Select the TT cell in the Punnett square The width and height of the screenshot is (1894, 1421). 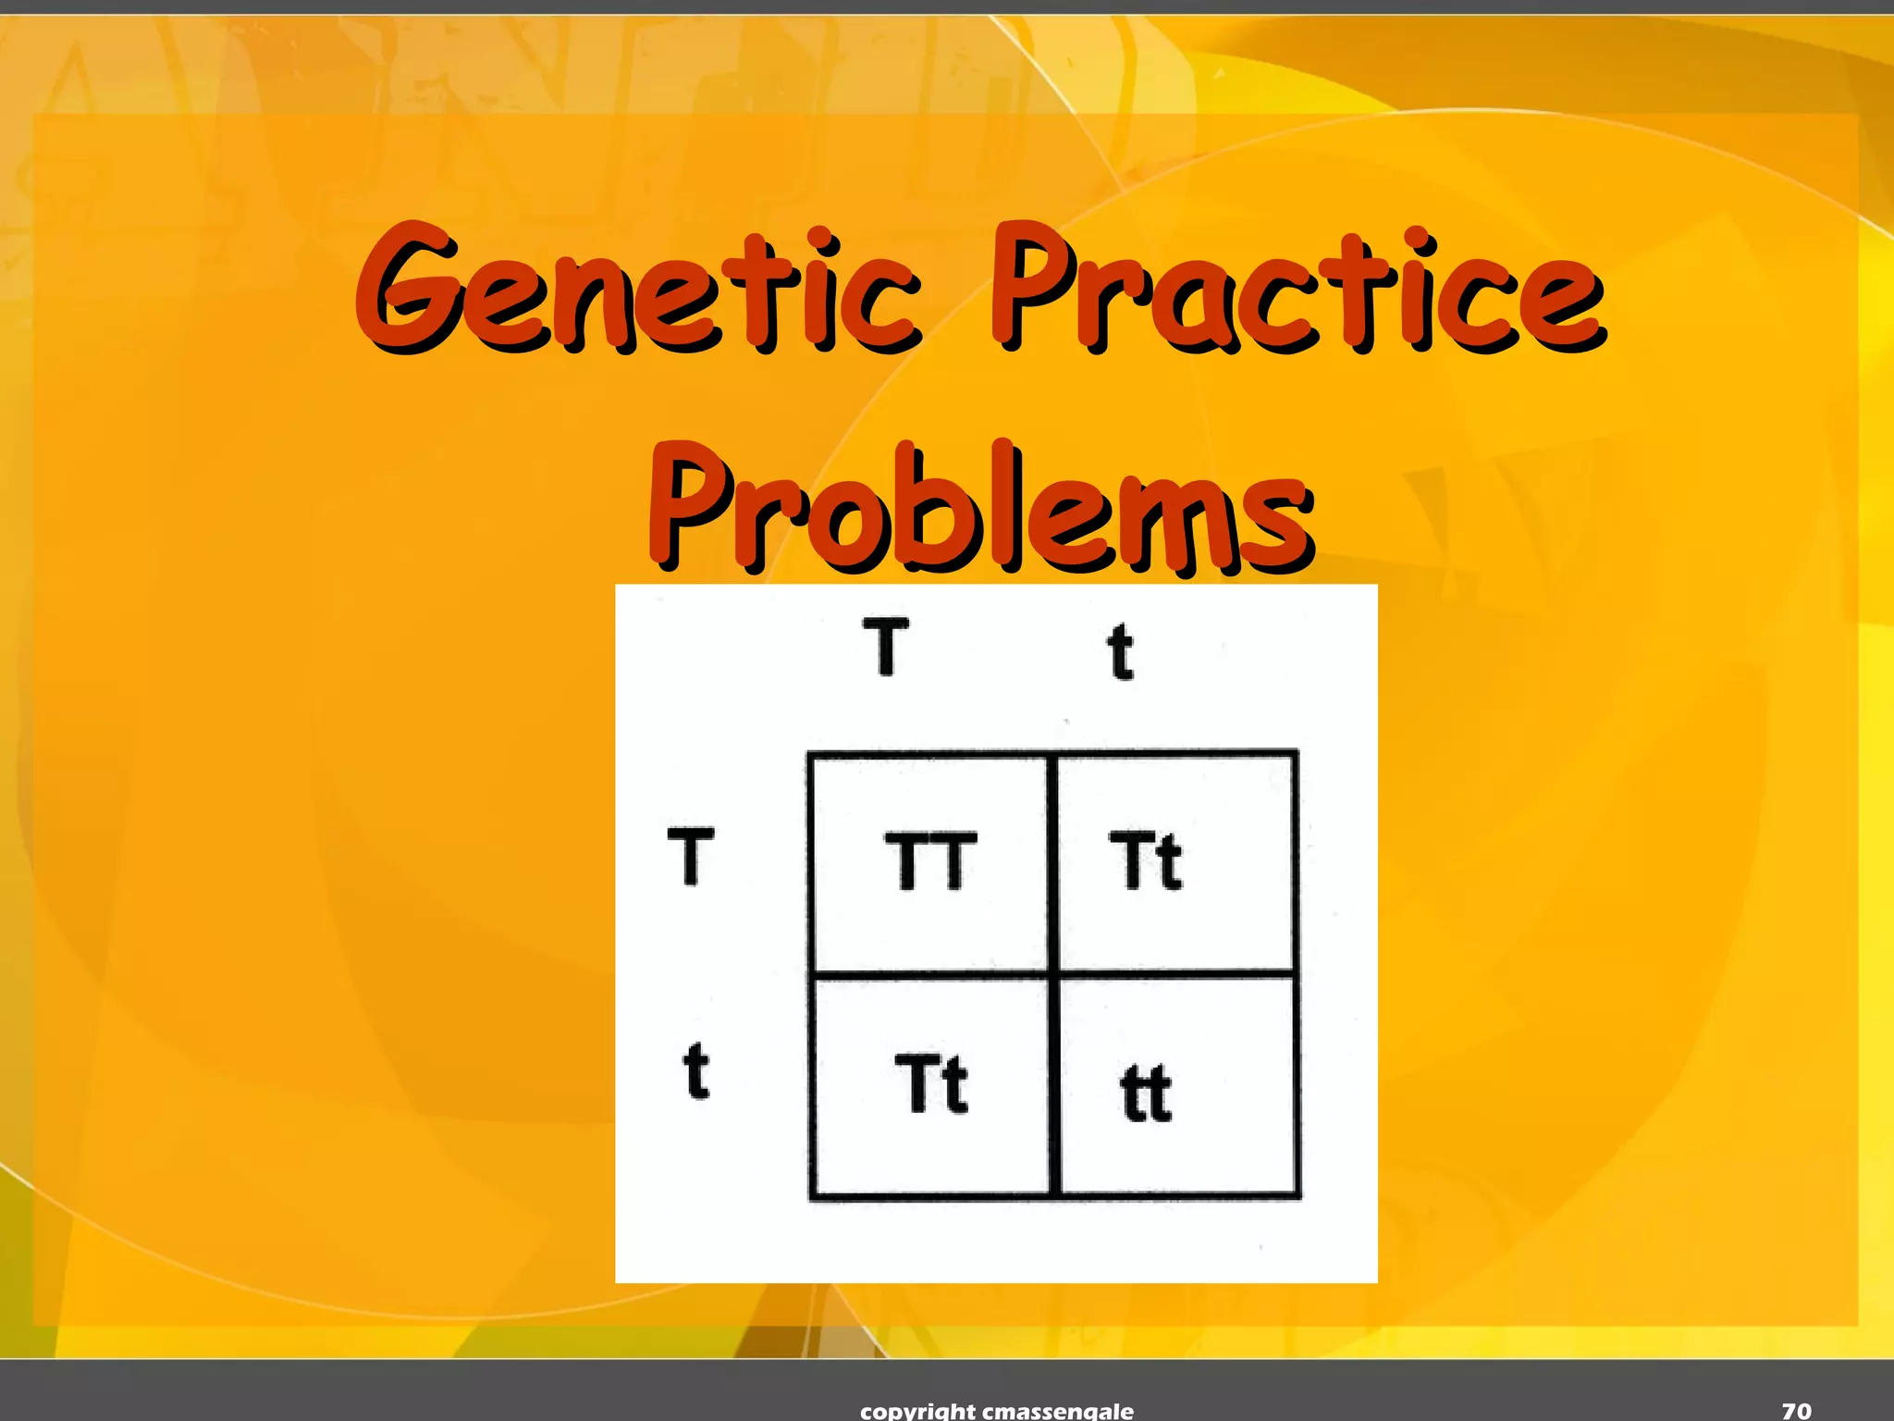coord(930,862)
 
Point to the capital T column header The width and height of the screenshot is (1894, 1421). coord(885,648)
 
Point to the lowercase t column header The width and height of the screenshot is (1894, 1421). coord(1121,651)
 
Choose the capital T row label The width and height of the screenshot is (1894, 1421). coord(690,857)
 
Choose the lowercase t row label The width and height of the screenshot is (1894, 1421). coord(695,1071)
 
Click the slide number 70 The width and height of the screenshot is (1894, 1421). coord(1796,1410)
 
